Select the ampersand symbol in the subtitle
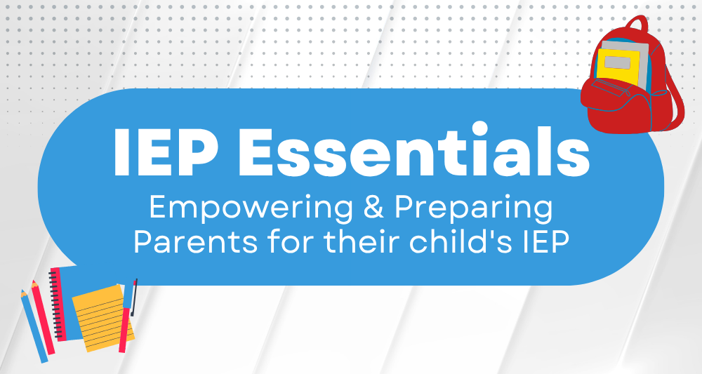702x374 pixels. [x=373, y=206]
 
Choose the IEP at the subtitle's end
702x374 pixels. [x=546, y=241]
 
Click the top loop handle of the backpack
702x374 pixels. [x=637, y=24]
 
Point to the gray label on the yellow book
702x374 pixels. [x=616, y=62]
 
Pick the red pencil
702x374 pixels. [x=43, y=317]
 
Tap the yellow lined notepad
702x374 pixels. [x=103, y=318]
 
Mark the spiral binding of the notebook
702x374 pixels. [x=55, y=304]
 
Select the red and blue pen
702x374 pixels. [x=128, y=316]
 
